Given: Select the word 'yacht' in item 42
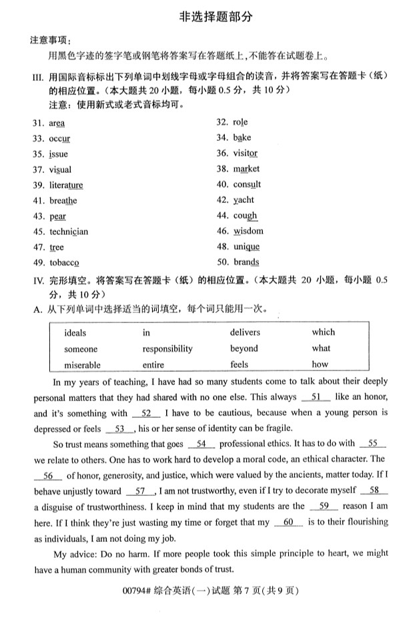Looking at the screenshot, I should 244,200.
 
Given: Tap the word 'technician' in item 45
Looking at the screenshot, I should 68,232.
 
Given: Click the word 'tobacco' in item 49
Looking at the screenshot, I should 64,263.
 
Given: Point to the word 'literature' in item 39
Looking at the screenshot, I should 66,185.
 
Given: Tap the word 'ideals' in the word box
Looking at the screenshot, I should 75,332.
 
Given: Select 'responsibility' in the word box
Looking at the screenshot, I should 167,348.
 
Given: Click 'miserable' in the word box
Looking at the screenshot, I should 82,365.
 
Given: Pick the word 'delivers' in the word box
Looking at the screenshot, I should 245,332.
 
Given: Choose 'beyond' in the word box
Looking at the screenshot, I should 244,348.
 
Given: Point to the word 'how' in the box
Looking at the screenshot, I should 320,364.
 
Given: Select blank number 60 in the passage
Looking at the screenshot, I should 288,523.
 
